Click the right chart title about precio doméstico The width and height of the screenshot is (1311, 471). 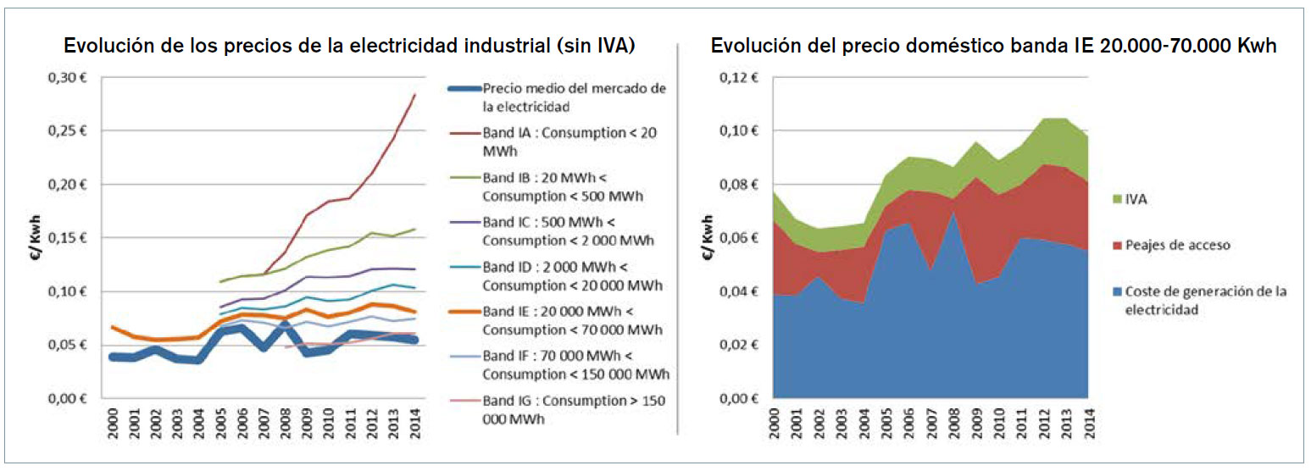point(994,47)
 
